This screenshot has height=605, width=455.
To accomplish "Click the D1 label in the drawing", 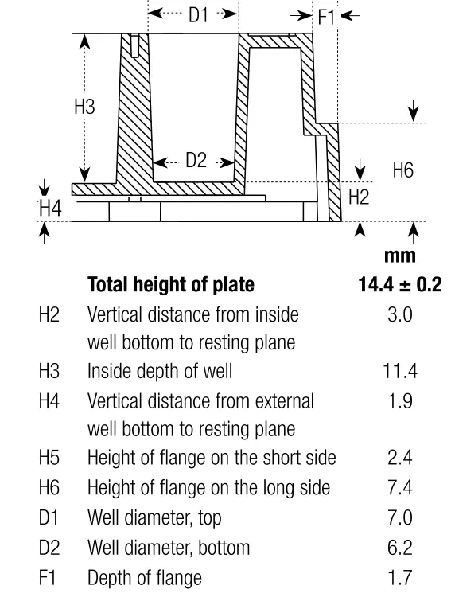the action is click(x=198, y=15).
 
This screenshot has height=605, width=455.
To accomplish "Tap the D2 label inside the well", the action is click(x=196, y=160).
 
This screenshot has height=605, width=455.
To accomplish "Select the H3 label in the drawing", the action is click(x=84, y=107).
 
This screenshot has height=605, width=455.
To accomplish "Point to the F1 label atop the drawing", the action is click(x=326, y=18).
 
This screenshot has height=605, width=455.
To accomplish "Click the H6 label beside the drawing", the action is click(x=403, y=170).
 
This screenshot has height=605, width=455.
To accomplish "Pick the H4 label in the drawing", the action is click(x=51, y=209).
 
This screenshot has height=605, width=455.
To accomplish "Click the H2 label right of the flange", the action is click(x=359, y=197).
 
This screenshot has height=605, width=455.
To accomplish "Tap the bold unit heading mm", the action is click(x=400, y=256).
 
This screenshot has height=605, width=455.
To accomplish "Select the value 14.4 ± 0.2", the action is click(x=400, y=285).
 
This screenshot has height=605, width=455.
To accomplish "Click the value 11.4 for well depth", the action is click(x=400, y=371).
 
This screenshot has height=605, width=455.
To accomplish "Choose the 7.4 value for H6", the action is click(x=400, y=487).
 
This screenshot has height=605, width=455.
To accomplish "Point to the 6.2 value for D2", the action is click(x=400, y=548).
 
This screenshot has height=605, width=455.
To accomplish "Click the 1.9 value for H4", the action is click(x=400, y=401).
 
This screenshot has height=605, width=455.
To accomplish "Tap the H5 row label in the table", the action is click(x=49, y=458).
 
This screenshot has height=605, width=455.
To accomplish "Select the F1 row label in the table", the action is click(x=47, y=578).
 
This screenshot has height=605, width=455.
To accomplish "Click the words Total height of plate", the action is click(x=171, y=285).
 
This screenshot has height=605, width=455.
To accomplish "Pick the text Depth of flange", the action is click(x=145, y=578).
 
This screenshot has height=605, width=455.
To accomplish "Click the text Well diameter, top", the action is click(x=154, y=517).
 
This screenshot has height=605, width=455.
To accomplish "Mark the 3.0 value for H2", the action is click(x=400, y=315).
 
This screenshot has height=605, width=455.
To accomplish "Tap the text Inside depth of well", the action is click(x=160, y=371).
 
